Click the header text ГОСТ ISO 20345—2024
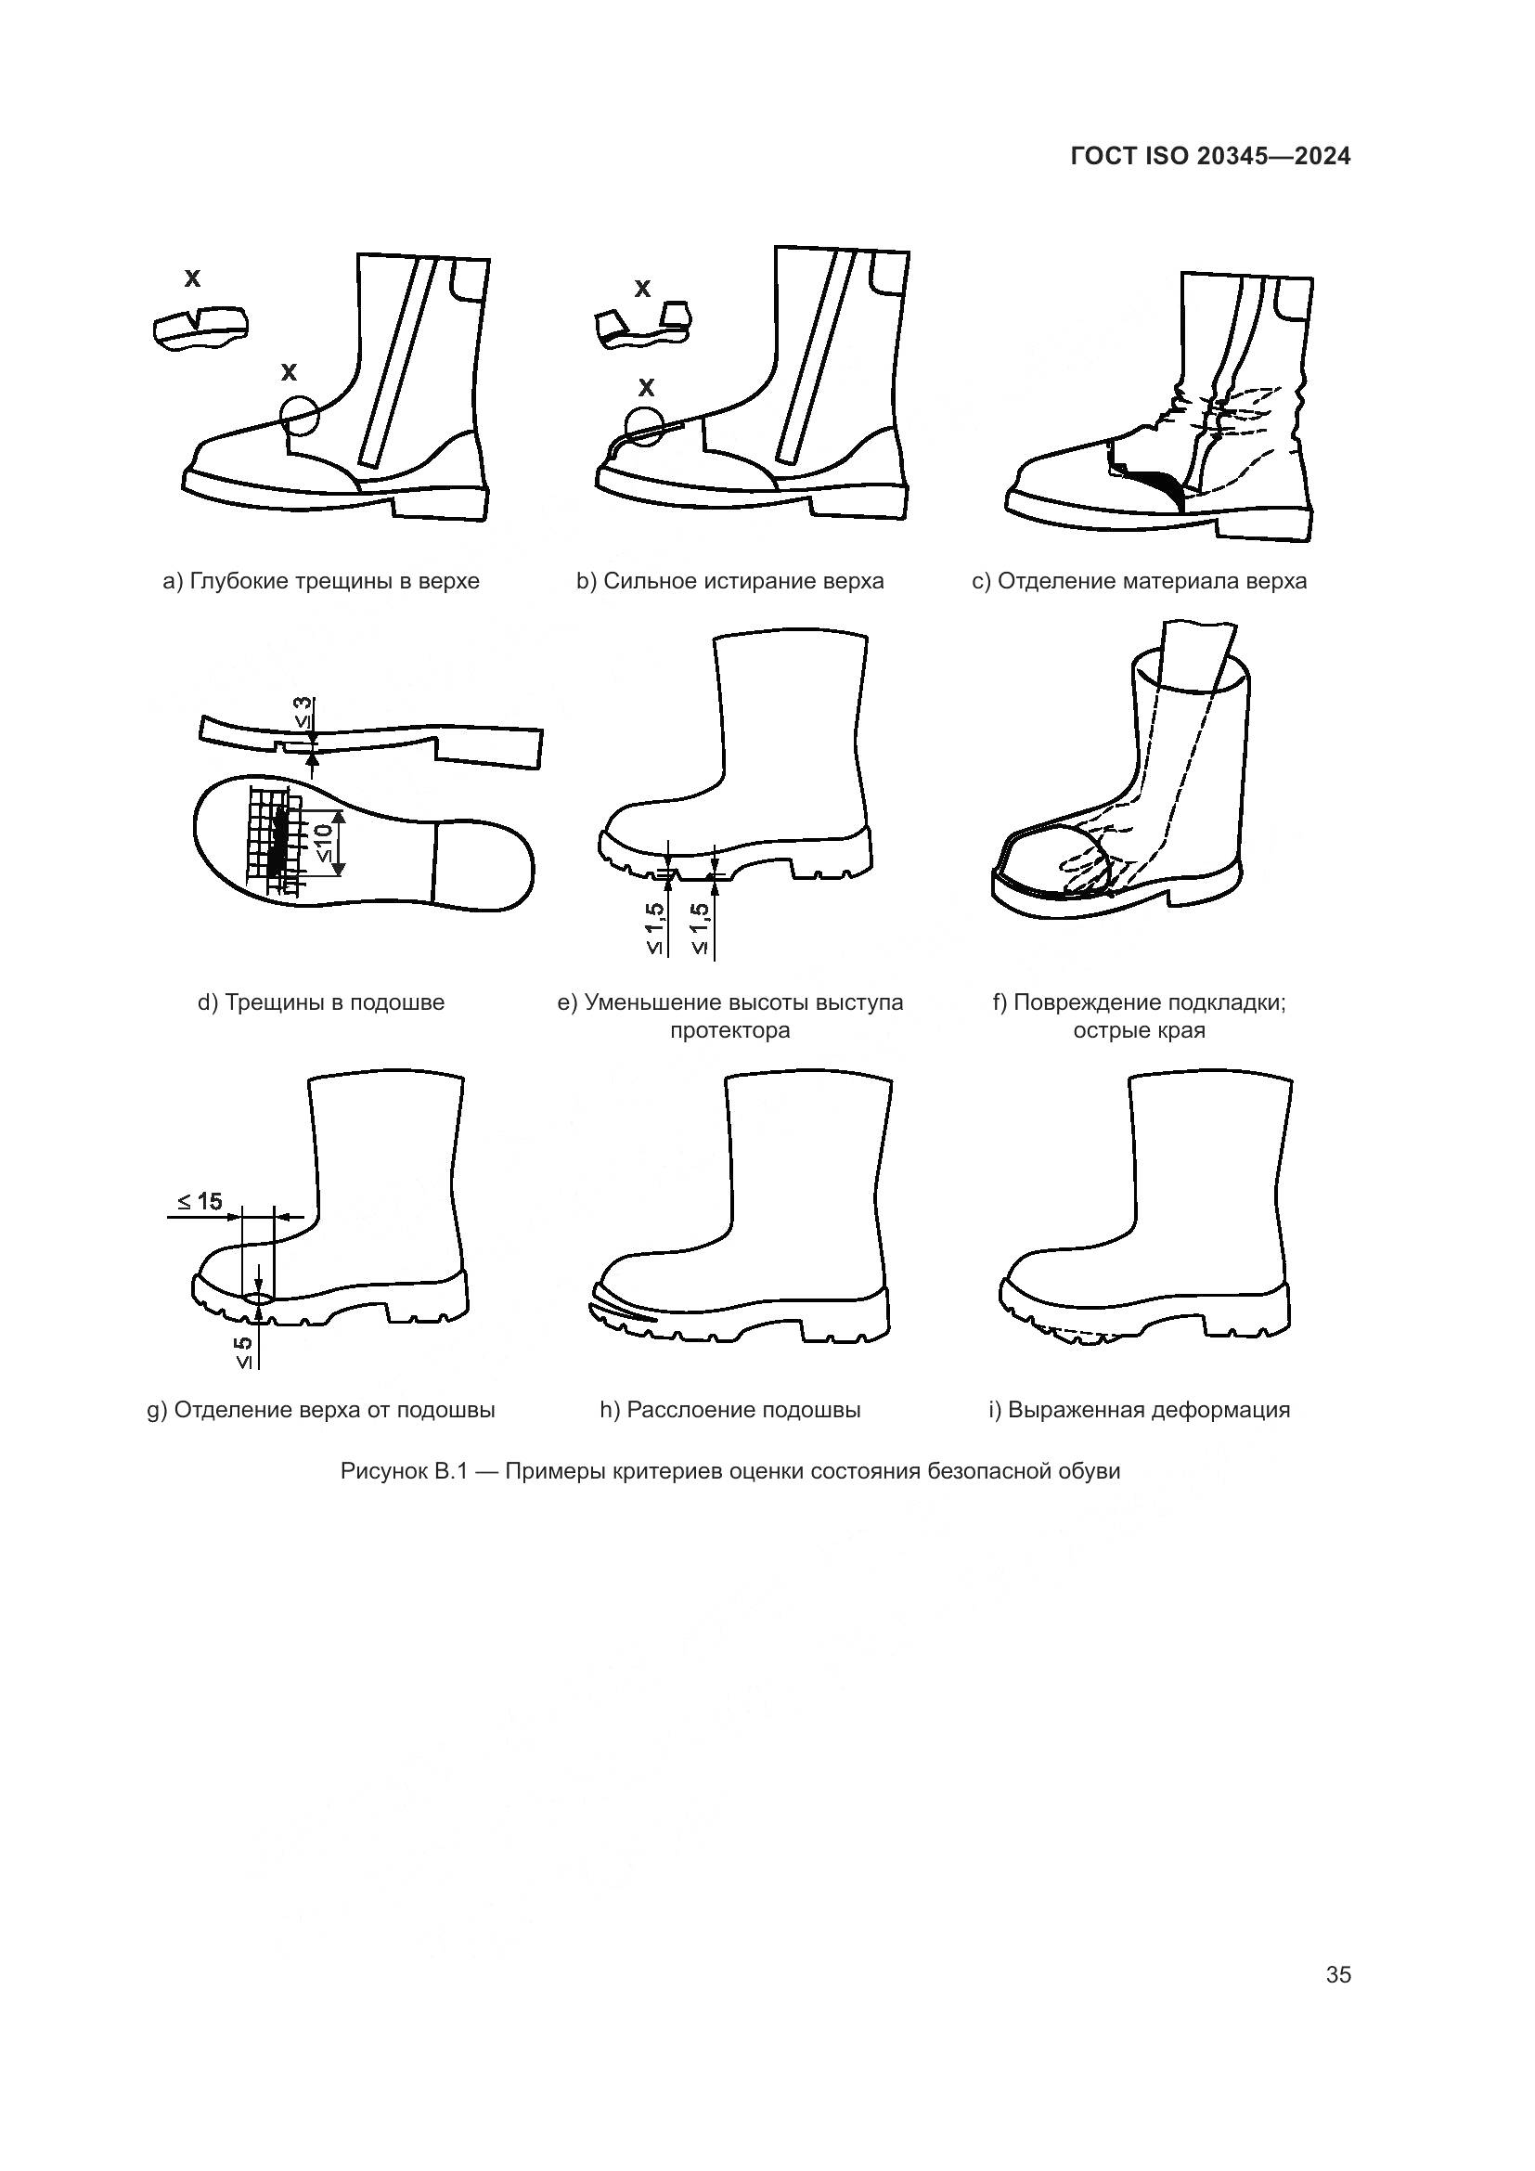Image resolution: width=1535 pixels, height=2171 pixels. point(1211,157)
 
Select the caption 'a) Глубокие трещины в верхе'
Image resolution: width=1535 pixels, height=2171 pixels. point(321,580)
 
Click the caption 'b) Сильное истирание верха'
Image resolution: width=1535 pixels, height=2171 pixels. point(730,580)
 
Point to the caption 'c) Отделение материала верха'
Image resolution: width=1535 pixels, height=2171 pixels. point(1139,580)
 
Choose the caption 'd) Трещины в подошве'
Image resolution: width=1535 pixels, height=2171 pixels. point(321,1002)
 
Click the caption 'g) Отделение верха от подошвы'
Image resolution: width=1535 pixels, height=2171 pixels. point(321,1410)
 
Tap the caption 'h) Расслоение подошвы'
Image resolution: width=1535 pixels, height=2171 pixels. point(730,1410)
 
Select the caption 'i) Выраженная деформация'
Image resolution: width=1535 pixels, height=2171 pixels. point(1139,1410)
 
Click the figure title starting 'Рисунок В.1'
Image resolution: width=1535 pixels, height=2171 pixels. point(730,1471)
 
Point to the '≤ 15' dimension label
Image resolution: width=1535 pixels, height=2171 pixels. point(200,1201)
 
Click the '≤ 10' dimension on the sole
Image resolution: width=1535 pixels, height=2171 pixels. point(322,842)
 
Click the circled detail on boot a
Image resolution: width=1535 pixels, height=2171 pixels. point(301,414)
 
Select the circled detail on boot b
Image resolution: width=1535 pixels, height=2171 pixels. point(645,424)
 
